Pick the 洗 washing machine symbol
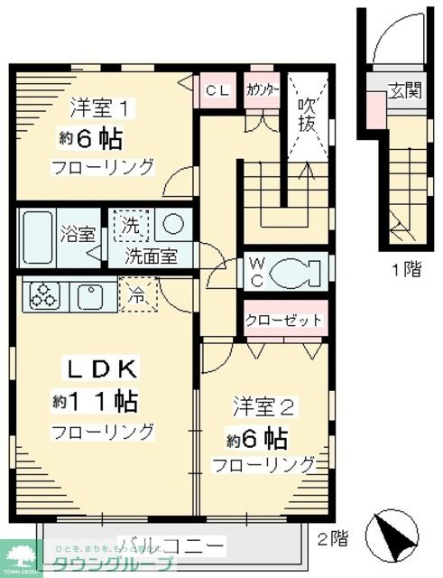pos(130,226)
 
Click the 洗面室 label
pos(150,256)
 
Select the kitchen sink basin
pos(90,294)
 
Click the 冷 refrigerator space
pos(136,294)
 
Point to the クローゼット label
pos(284,322)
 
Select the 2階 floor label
pos(332,540)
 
